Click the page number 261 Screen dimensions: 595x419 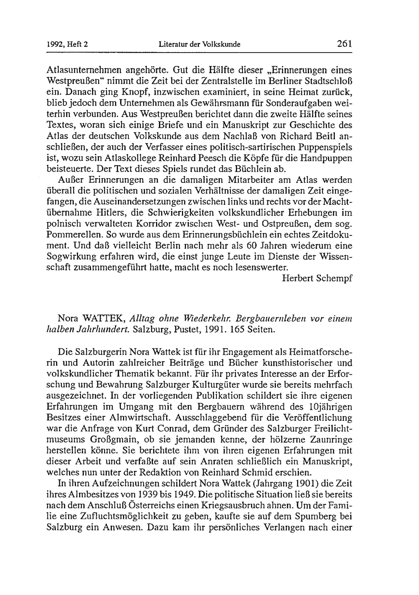pyautogui.click(x=344, y=44)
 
